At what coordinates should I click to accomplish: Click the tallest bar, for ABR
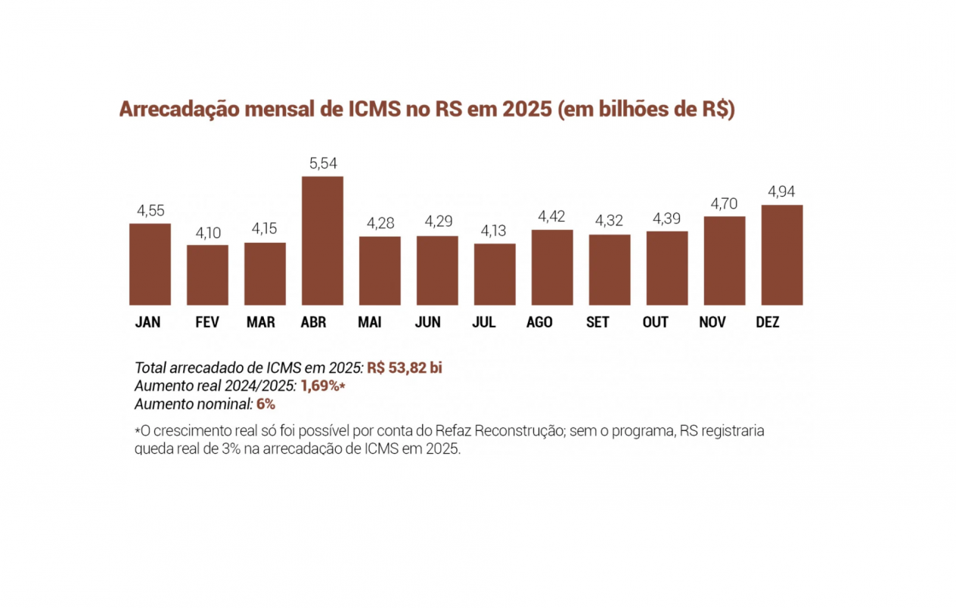(x=322, y=240)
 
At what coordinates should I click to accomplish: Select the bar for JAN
(x=150, y=264)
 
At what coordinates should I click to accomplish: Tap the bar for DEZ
(x=782, y=255)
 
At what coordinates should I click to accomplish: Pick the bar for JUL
(x=495, y=275)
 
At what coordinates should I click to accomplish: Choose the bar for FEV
(x=207, y=275)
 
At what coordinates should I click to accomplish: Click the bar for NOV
(x=725, y=261)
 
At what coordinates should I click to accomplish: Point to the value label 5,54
(x=323, y=163)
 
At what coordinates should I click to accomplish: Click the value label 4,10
(x=208, y=233)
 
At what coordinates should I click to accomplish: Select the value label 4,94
(x=781, y=191)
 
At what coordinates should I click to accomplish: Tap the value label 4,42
(x=551, y=216)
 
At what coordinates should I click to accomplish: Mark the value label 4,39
(x=666, y=219)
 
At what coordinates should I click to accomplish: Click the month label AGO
(x=539, y=322)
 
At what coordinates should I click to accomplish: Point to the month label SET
(x=597, y=322)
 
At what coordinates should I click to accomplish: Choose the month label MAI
(x=370, y=322)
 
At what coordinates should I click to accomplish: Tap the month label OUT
(x=656, y=322)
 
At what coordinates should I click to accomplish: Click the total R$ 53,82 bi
(x=405, y=368)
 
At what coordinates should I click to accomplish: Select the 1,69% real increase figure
(x=323, y=386)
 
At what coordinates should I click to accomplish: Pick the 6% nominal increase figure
(x=265, y=404)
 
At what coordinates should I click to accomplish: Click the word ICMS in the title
(x=374, y=109)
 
